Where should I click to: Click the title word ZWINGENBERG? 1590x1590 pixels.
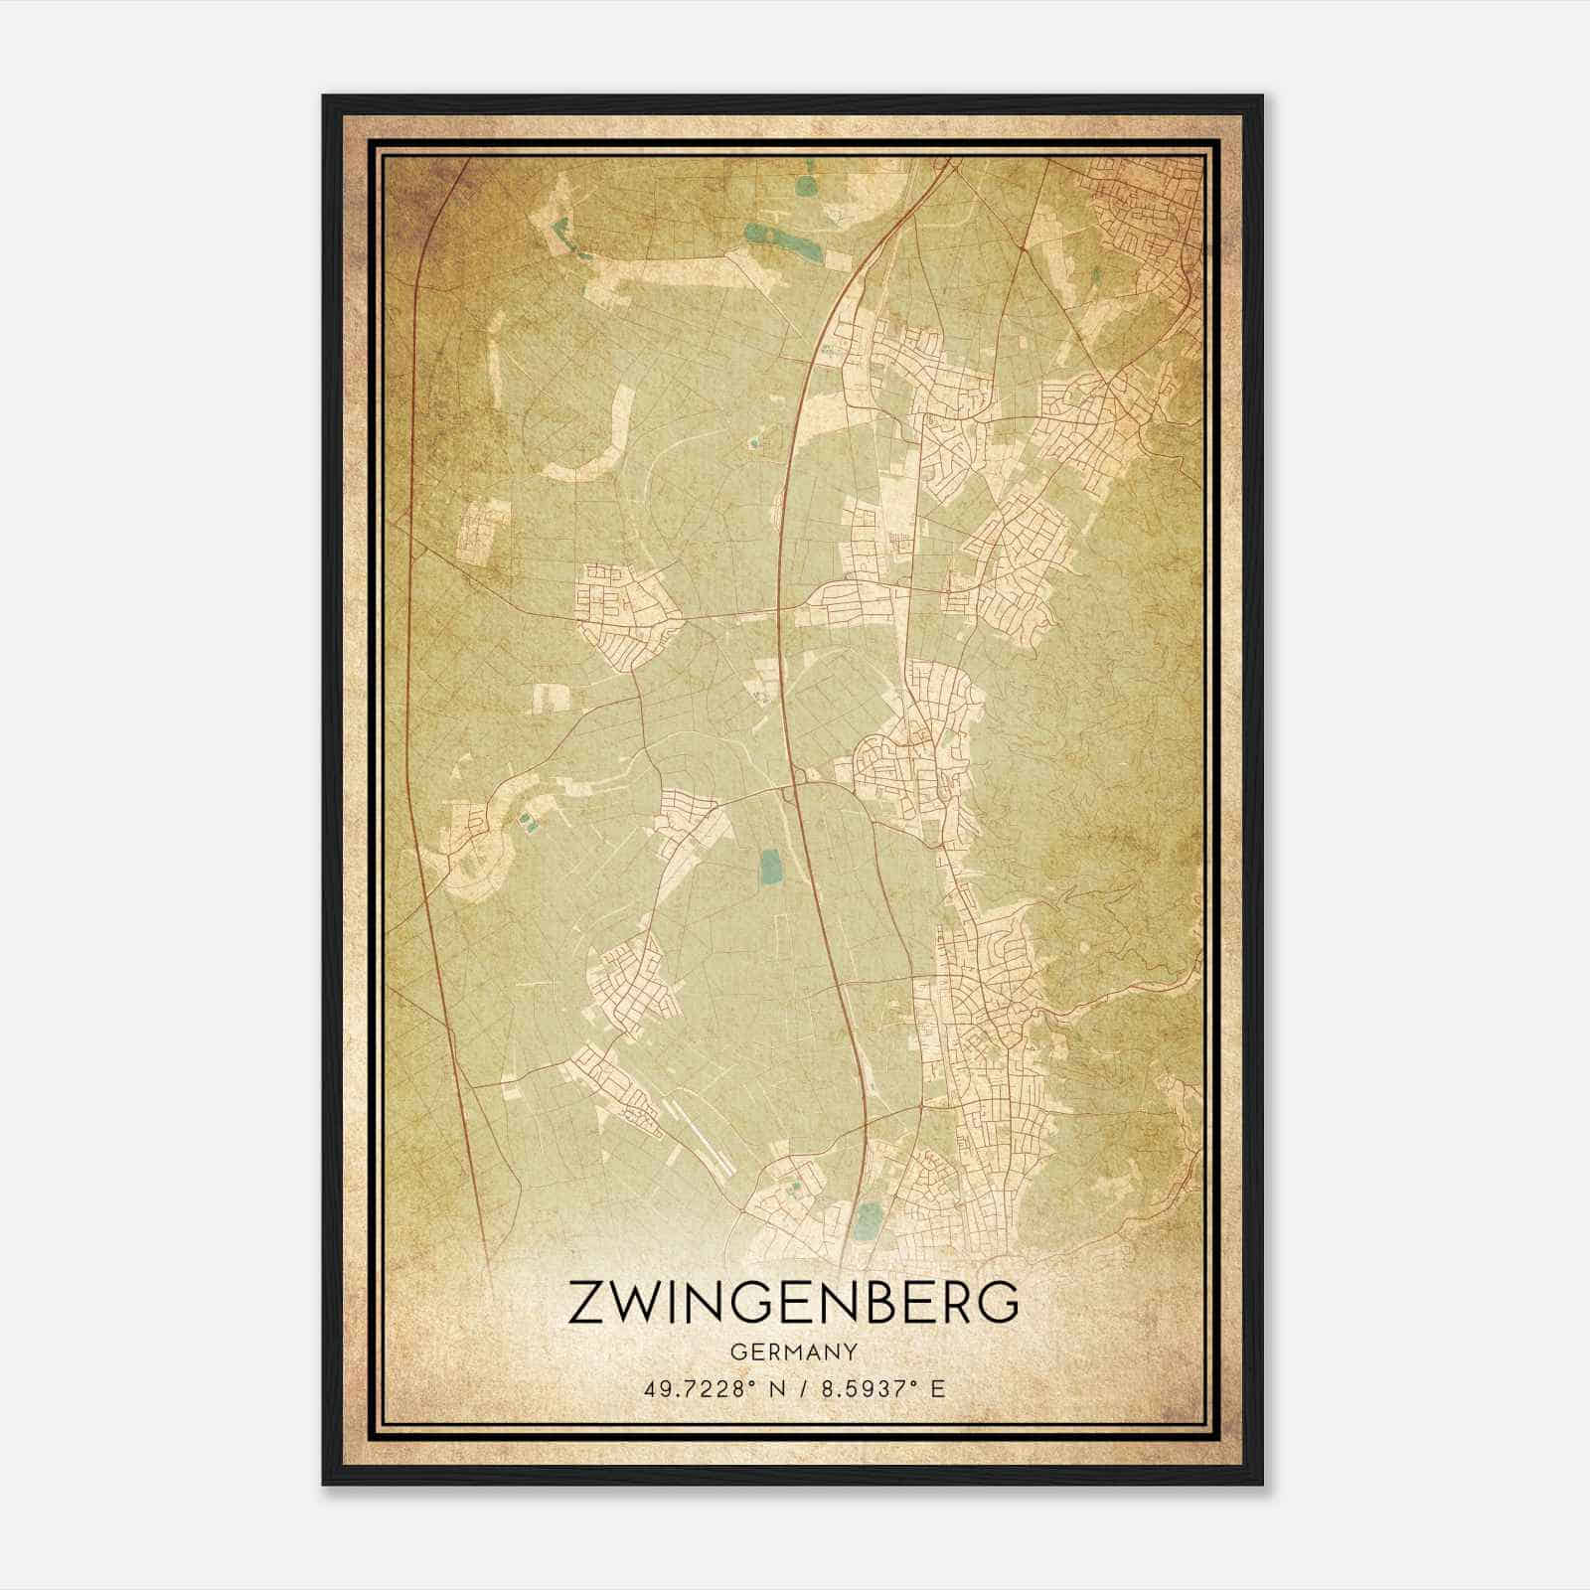click(x=793, y=1303)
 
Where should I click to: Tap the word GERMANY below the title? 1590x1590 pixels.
click(x=793, y=1351)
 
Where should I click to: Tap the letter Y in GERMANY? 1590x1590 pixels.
click(x=850, y=1351)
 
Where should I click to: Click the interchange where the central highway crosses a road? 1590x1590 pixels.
click(x=790, y=790)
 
